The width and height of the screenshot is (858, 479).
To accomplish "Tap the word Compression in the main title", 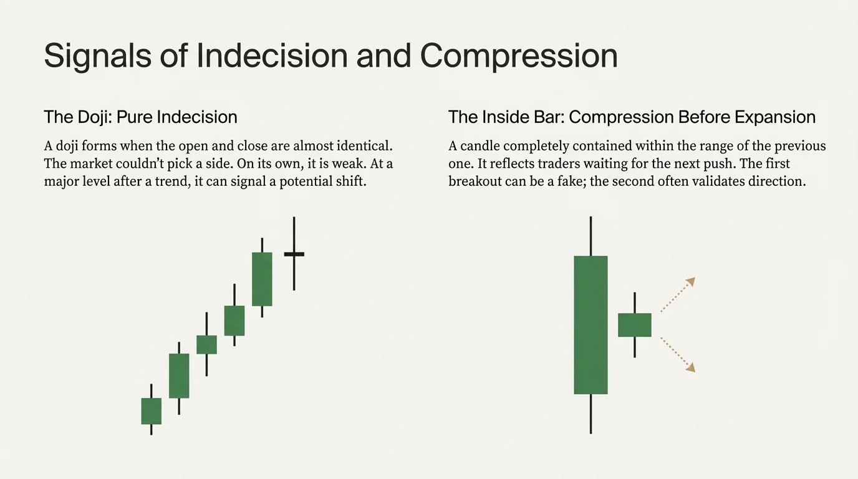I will [x=519, y=56].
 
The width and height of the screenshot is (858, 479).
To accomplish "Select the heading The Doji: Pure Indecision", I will [x=140, y=117].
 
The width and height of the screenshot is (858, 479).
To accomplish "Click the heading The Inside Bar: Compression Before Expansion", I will [x=632, y=117].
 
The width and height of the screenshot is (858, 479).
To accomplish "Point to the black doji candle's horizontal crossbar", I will [x=294, y=254].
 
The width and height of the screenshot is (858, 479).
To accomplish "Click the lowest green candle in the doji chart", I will [x=151, y=411].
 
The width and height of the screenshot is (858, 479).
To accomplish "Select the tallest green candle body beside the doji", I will [x=262, y=279].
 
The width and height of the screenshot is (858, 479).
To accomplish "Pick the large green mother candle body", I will [x=590, y=324].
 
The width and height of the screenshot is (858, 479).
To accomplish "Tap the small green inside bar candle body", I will [x=634, y=325].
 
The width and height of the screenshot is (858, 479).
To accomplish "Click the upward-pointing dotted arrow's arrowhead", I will [x=690, y=281].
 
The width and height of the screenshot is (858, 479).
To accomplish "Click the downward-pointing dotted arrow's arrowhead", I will [x=690, y=368].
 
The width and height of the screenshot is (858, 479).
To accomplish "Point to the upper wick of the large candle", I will [x=590, y=236].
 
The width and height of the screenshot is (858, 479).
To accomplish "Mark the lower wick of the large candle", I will [x=590, y=414].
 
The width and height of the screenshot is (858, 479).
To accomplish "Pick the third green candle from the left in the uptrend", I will [x=206, y=344].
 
